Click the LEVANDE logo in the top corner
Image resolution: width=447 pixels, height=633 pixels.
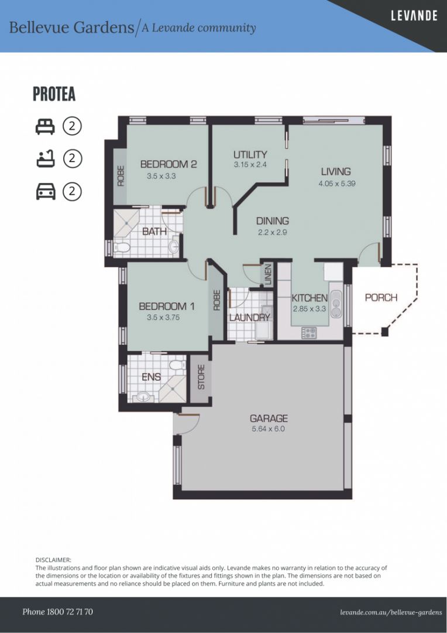click(414, 16)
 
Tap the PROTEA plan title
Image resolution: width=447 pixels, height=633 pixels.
click(54, 94)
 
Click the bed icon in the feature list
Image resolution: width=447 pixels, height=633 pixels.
click(45, 127)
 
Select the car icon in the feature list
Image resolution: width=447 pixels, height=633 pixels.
click(46, 191)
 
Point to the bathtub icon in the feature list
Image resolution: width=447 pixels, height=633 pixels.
click(46, 159)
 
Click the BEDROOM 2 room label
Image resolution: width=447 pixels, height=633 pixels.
click(169, 164)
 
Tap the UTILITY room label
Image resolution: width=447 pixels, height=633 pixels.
click(250, 155)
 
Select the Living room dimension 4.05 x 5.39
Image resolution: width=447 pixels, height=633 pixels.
click(336, 183)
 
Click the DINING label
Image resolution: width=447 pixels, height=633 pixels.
click(273, 221)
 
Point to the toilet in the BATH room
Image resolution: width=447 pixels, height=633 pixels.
click(122, 247)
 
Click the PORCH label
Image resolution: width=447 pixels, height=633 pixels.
click(381, 298)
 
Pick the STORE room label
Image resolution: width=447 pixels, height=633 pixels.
click(201, 377)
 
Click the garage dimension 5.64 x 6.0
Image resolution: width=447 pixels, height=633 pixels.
click(268, 428)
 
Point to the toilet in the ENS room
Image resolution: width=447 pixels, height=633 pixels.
click(177, 365)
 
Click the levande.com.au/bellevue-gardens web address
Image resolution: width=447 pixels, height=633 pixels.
click(391, 612)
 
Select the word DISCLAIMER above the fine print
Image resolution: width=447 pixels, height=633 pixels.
click(53, 560)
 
